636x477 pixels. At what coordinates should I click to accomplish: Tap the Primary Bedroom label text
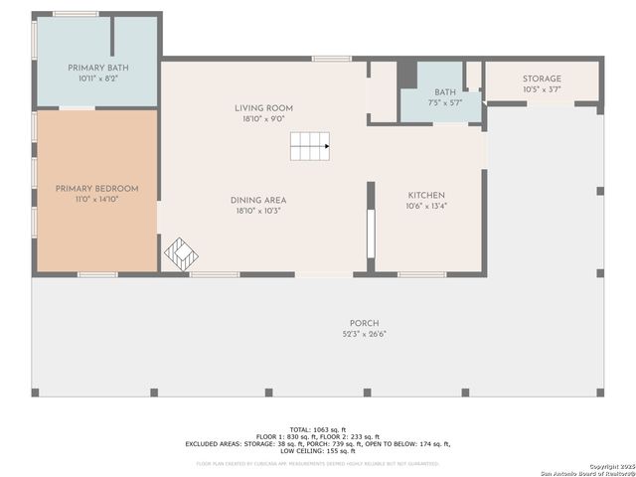[96, 188]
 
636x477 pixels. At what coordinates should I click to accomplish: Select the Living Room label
[263, 108]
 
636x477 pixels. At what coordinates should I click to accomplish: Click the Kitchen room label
[426, 196]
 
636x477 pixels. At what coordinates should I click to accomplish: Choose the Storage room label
[542, 79]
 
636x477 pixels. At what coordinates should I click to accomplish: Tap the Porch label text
[363, 323]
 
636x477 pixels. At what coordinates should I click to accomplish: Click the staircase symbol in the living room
[310, 146]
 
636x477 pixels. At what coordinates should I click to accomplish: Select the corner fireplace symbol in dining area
[181, 253]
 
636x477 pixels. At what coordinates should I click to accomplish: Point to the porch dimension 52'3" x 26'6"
[363, 334]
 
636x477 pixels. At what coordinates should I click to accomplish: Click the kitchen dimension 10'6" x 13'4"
[426, 207]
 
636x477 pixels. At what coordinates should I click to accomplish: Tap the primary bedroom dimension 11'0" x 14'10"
[96, 199]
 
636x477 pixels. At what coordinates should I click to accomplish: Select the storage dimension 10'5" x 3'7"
[542, 90]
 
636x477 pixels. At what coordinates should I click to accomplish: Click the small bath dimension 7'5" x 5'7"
[445, 102]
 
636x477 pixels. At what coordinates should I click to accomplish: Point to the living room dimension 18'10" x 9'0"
[263, 119]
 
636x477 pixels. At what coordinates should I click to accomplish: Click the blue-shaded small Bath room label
[445, 91]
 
